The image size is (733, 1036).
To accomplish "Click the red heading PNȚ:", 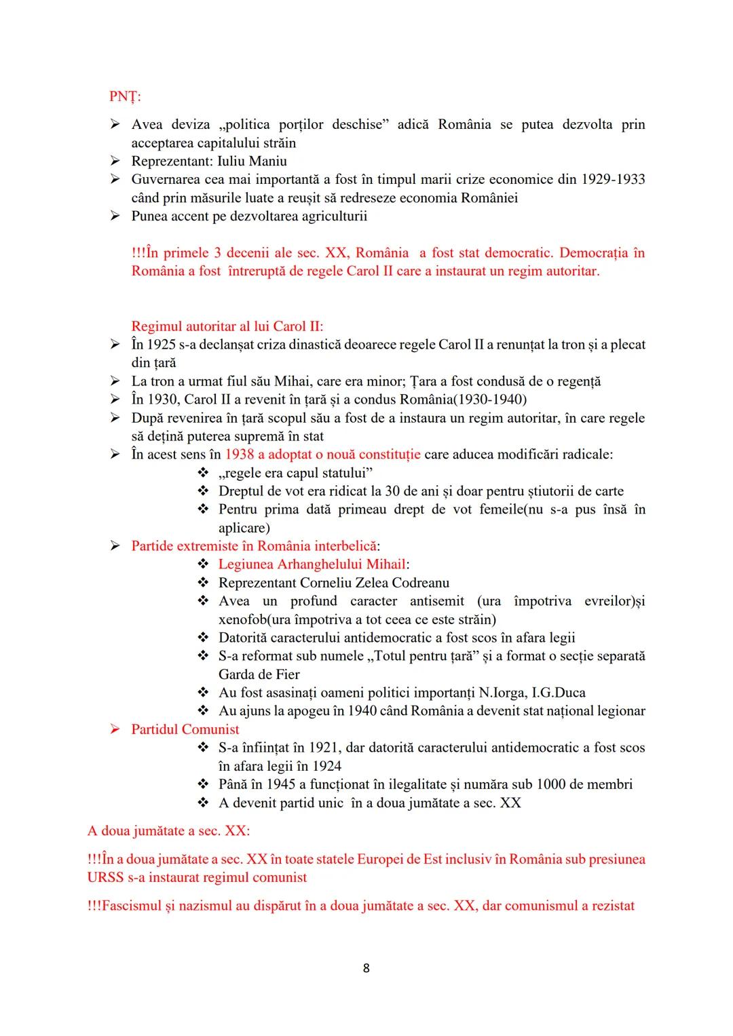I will pyautogui.click(x=125, y=96).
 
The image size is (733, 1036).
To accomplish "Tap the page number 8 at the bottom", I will pyautogui.click(x=366, y=968).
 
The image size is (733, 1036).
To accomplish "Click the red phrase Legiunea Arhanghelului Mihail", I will pyautogui.click(x=312, y=564).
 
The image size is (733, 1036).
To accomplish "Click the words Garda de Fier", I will pyautogui.click(x=259, y=674).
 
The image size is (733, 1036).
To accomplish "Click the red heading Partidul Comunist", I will pyautogui.click(x=185, y=729).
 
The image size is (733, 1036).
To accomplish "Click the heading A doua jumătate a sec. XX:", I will pyautogui.click(x=168, y=830).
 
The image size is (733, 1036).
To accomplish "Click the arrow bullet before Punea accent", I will pyautogui.click(x=115, y=216).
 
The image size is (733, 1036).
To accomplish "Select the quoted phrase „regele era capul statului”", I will pyautogui.click(x=295, y=473).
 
